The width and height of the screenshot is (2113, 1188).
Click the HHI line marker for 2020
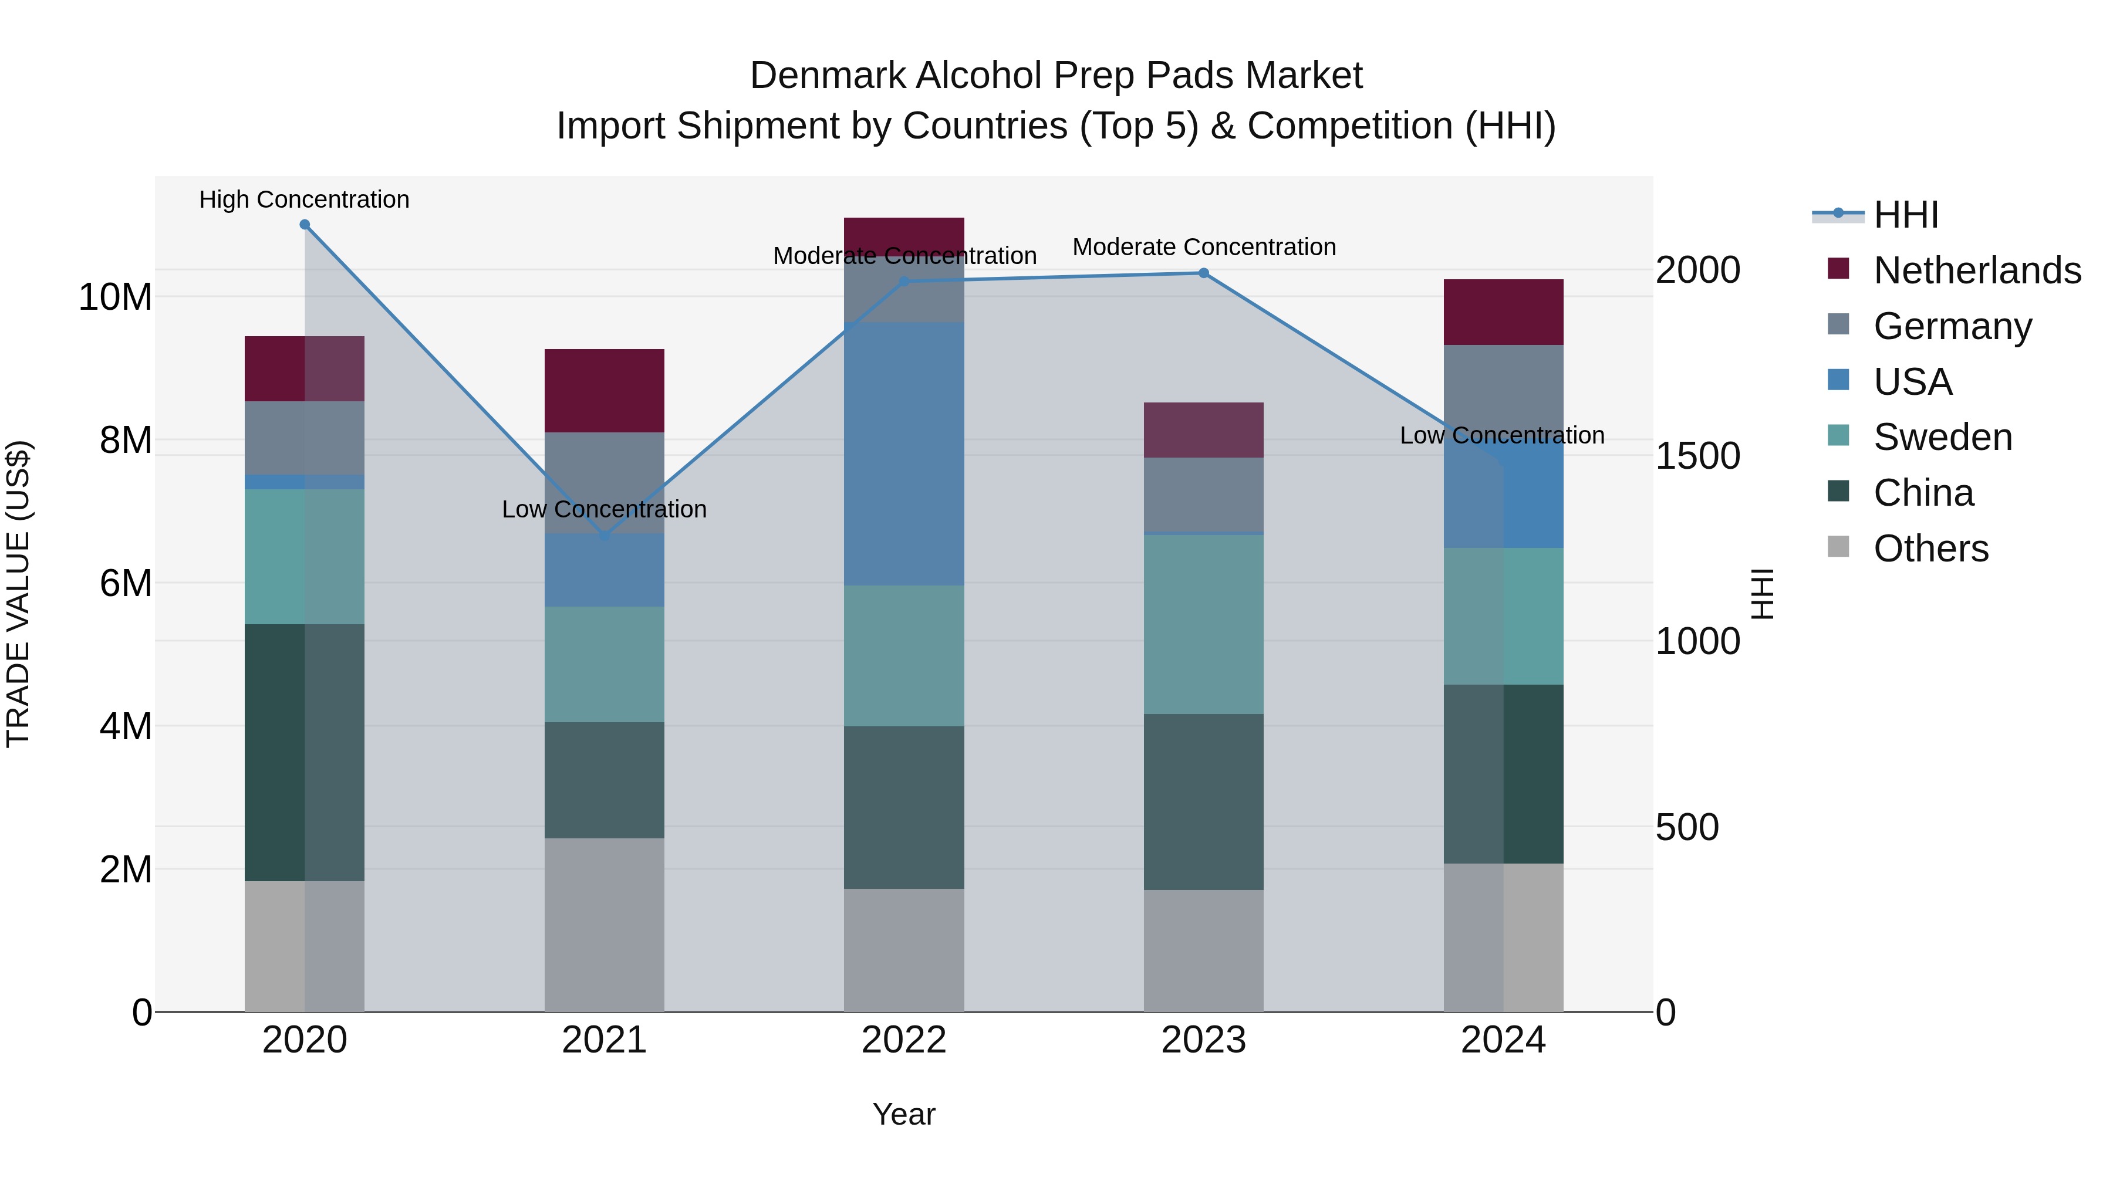coord(304,225)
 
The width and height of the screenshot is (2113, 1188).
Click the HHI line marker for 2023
coord(1203,273)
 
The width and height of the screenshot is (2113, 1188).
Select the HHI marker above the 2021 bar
coord(605,536)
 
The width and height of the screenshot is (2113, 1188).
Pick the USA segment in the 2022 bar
coord(904,453)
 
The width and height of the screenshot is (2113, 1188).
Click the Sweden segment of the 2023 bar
coord(1203,624)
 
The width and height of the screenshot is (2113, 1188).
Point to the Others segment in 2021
coord(605,925)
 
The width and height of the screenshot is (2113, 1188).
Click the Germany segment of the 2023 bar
coord(1203,495)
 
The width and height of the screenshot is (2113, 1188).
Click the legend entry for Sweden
coord(1942,437)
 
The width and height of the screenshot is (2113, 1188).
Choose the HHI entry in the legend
coord(1905,215)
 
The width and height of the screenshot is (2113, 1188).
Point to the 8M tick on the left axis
coord(126,440)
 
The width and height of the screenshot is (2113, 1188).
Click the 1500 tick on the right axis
coord(1697,456)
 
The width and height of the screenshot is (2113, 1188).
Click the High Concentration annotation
coord(304,199)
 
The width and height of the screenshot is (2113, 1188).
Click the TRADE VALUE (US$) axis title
coord(18,594)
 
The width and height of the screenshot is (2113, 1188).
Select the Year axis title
coord(904,1114)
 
